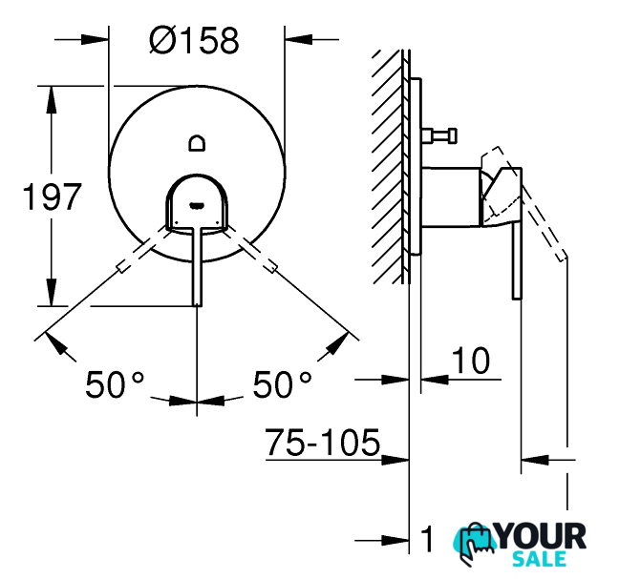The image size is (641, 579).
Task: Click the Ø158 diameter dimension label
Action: pyautogui.click(x=194, y=40)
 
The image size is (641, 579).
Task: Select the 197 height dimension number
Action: pyautogui.click(x=52, y=196)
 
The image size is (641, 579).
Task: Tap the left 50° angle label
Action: pyautogui.click(x=115, y=384)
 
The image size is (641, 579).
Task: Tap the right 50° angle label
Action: pyautogui.click(x=282, y=384)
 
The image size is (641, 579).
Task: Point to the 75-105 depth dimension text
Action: pyautogui.click(x=323, y=443)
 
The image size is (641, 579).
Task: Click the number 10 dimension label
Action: pyautogui.click(x=471, y=361)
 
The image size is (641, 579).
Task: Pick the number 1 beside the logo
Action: pyautogui.click(x=427, y=539)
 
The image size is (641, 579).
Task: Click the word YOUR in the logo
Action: pyautogui.click(x=542, y=536)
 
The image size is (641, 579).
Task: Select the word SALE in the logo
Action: pyautogui.click(x=539, y=559)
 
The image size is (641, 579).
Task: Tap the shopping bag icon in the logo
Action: pyautogui.click(x=474, y=543)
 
